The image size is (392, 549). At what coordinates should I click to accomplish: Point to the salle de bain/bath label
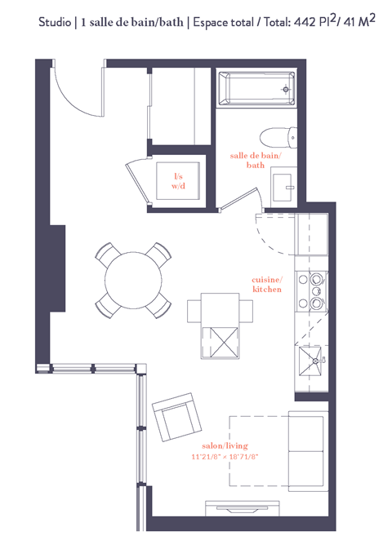(x=256, y=160)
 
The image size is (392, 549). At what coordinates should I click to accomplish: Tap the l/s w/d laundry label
(x=178, y=181)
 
